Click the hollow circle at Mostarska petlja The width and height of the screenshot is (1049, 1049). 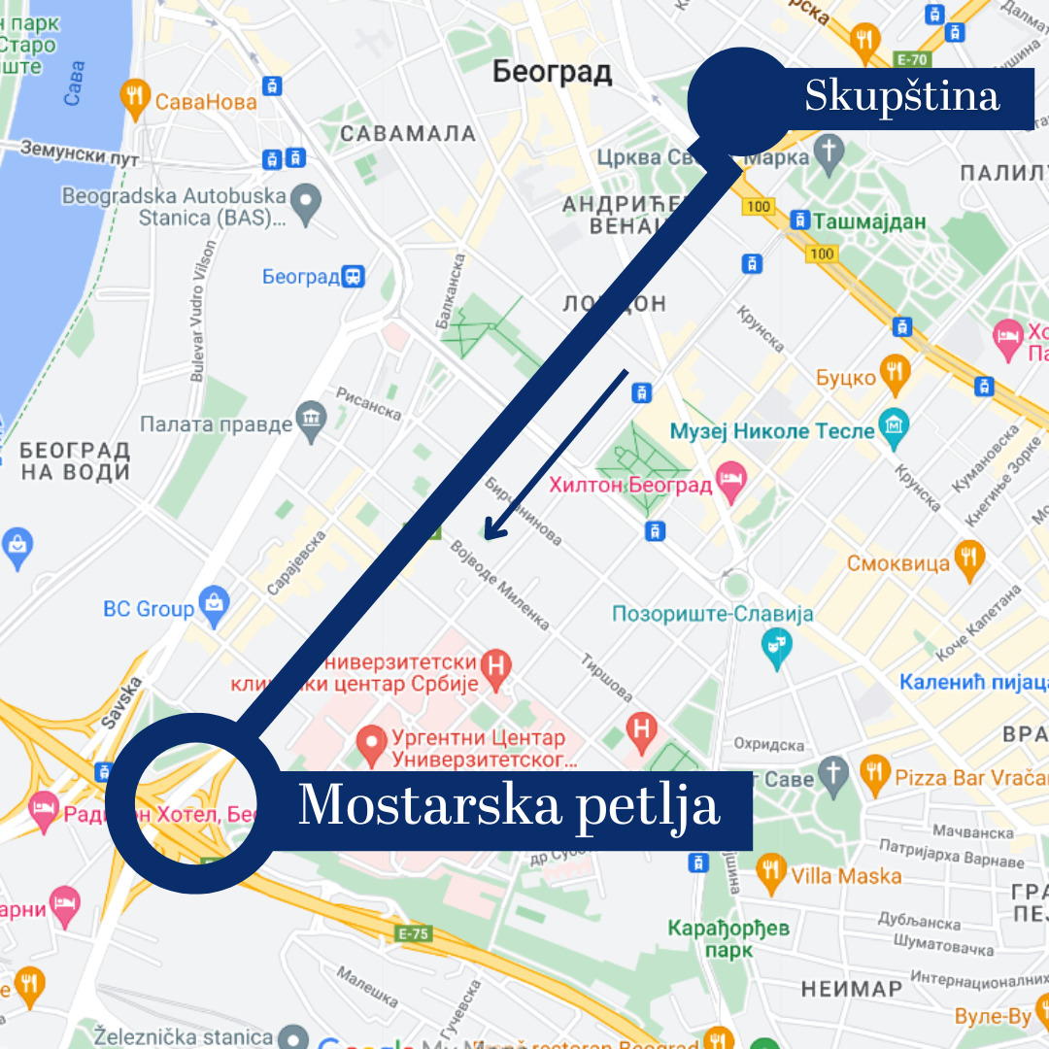188,802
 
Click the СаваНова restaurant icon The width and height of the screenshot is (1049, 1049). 133,96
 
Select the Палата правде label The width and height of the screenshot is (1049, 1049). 216,423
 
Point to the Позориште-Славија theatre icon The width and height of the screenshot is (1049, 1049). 777,647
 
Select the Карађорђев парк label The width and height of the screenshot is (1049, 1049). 728,938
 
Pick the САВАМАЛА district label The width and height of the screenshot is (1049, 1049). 394,134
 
